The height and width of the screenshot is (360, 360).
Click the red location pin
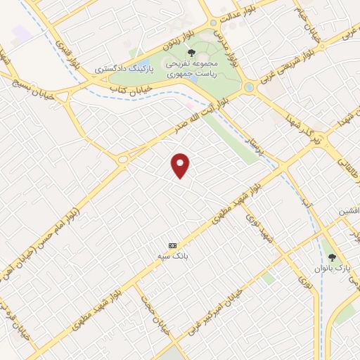click(x=181, y=165)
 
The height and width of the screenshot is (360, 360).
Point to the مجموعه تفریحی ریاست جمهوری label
click(x=192, y=68)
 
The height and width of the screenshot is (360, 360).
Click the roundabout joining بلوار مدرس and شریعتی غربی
click(x=248, y=88)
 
